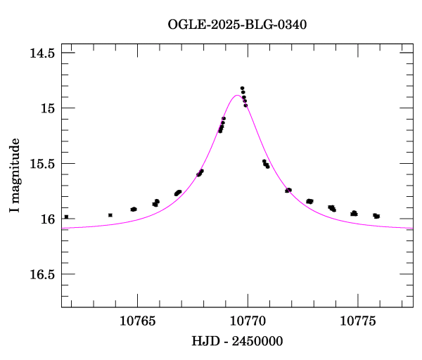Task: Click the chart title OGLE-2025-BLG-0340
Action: pyautogui.click(x=237, y=25)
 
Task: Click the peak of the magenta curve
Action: pyautogui.click(x=236, y=95)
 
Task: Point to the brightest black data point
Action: pyautogui.click(x=242, y=89)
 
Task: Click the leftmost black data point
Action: pyautogui.click(x=66, y=217)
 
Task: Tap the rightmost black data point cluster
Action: pyautogui.click(x=376, y=216)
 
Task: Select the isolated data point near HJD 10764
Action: pyautogui.click(x=110, y=214)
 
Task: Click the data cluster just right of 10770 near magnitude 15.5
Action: pyautogui.click(x=266, y=164)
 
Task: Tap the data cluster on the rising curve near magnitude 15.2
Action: pyautogui.click(x=222, y=125)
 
